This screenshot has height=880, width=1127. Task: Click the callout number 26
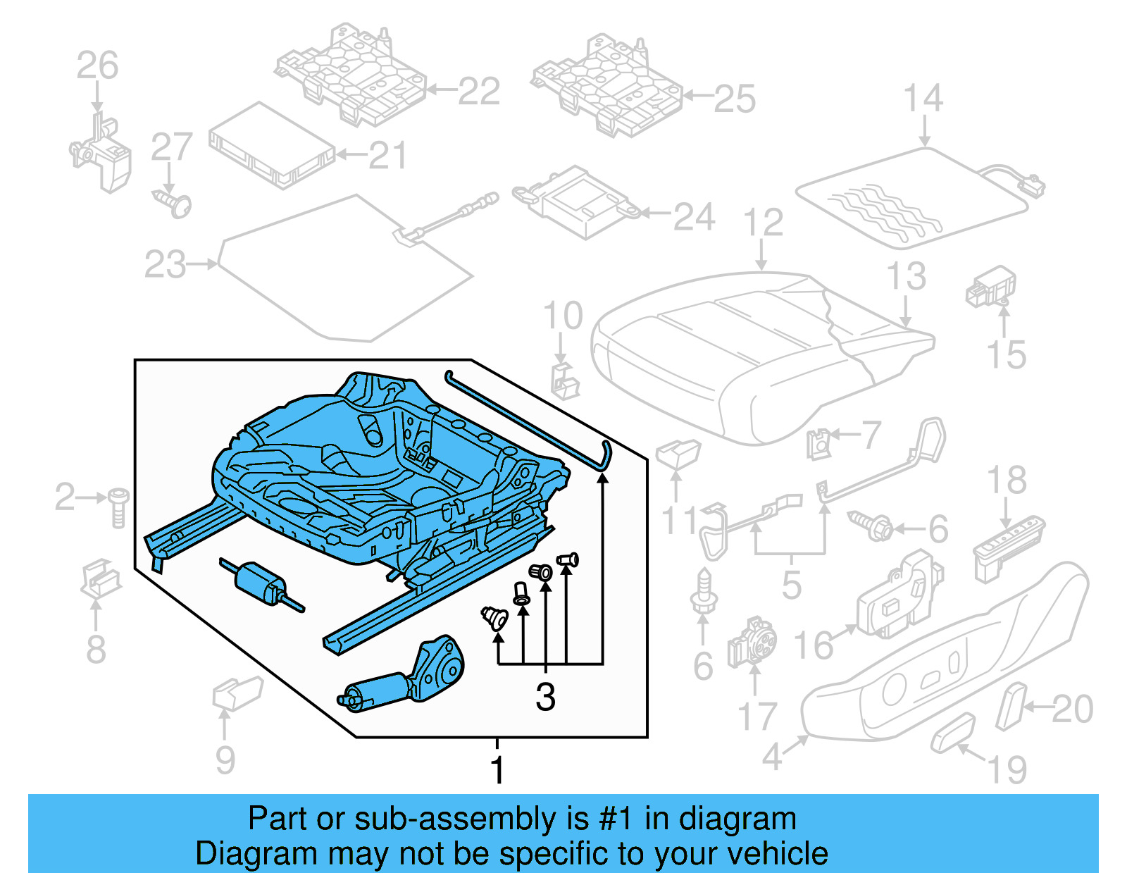97,66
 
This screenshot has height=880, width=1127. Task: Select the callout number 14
923,98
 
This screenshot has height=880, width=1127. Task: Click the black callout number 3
545,697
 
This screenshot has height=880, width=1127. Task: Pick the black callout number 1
497,769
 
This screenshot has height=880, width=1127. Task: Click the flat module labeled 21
271,146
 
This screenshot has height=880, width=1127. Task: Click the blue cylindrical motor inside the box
261,583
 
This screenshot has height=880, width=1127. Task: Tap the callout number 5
791,584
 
